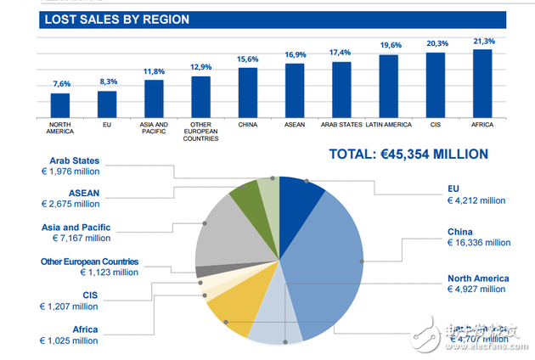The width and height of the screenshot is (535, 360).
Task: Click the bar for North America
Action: (60, 104)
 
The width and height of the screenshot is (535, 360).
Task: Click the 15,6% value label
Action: (247, 59)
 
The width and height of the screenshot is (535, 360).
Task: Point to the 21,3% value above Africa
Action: (481, 41)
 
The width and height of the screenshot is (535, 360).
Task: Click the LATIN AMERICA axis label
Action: (388, 125)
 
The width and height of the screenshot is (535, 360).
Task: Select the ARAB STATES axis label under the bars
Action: (341, 125)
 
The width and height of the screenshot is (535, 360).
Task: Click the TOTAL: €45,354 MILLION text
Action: (408, 155)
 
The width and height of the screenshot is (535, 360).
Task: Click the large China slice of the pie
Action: (327, 255)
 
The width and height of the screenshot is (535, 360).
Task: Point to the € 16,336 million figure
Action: (479, 243)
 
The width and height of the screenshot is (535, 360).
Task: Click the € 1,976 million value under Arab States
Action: (70, 172)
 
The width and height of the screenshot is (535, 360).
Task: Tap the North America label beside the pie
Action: (478, 278)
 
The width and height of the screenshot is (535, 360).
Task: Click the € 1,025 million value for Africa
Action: (70, 340)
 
